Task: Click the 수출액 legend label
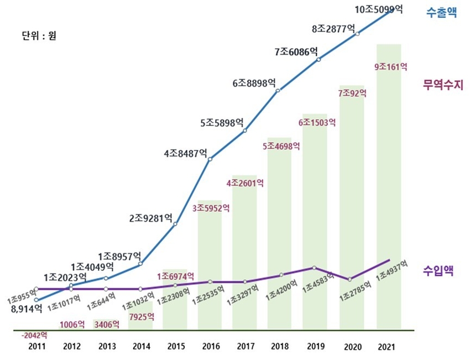tap(440, 13)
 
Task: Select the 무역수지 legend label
tap(442, 85)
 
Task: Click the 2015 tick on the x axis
tap(175, 346)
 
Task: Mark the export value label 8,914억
tap(27, 310)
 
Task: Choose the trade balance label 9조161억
tap(391, 67)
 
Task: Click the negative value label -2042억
tap(34, 335)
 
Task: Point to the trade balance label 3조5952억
tap(211, 208)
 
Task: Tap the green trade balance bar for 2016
tap(210, 265)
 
